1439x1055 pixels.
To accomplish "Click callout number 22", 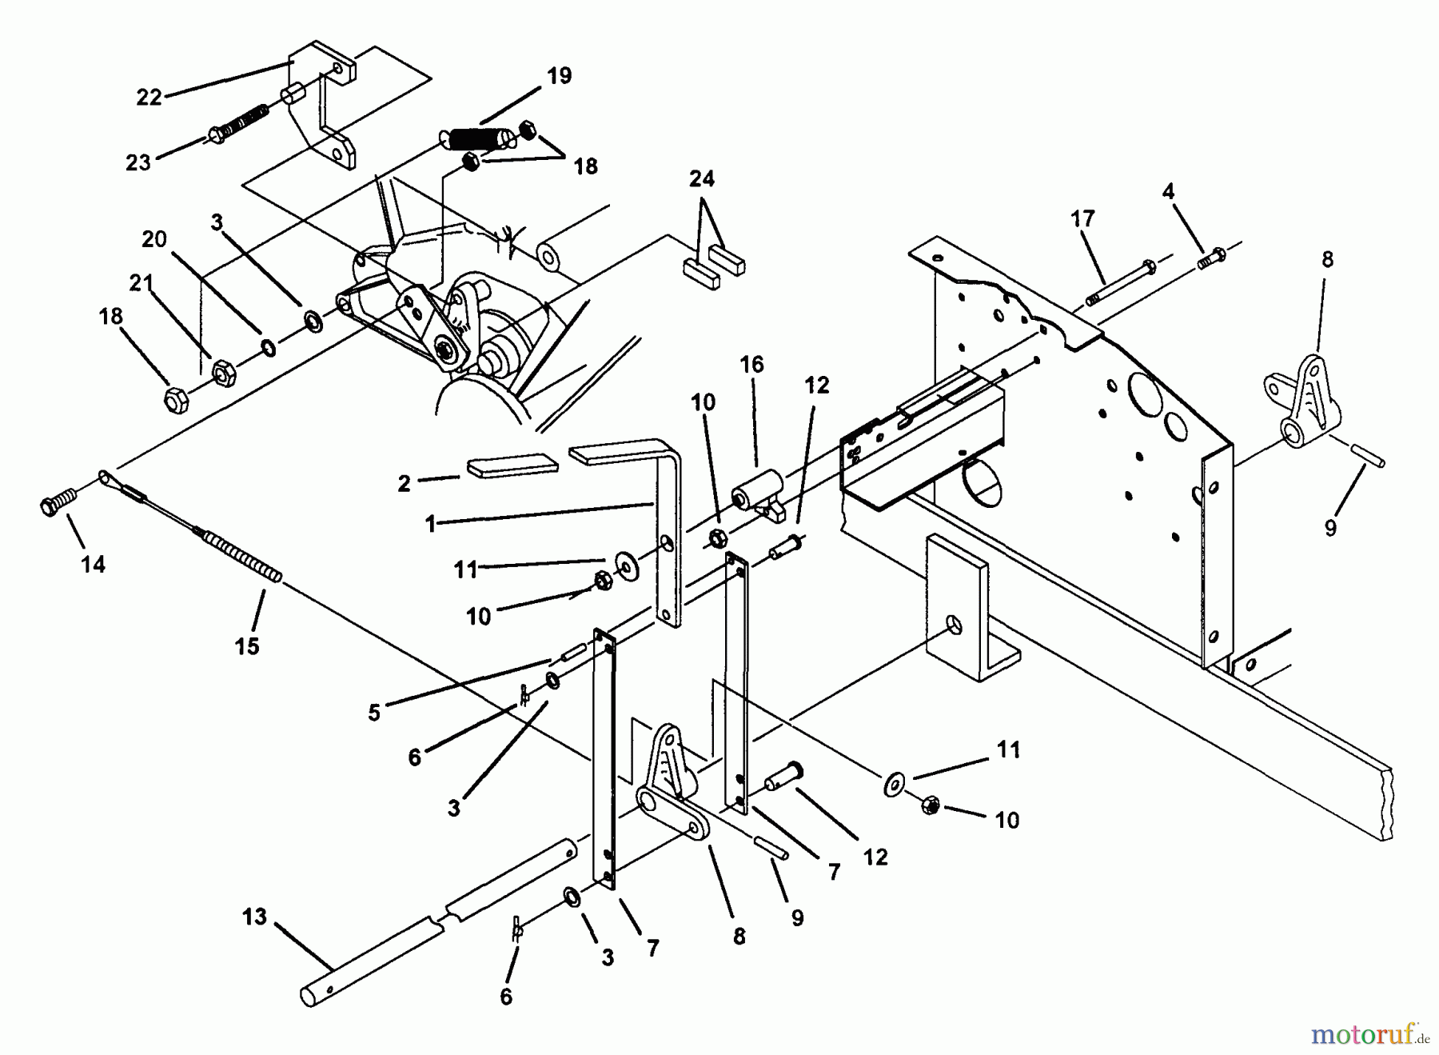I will (149, 97).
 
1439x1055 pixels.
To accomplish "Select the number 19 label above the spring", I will (560, 76).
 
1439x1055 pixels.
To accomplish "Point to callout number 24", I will (702, 178).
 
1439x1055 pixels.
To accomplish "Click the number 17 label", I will (1082, 218).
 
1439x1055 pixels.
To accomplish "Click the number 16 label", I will (751, 365).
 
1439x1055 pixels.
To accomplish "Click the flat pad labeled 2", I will (512, 468).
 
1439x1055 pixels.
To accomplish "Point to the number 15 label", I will (247, 645).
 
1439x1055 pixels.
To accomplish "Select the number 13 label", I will (254, 916).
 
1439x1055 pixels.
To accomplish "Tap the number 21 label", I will (142, 283).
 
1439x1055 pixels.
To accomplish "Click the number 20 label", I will (154, 239).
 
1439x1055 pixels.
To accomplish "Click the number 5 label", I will (374, 712).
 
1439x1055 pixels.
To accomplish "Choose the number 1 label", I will (431, 525).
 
